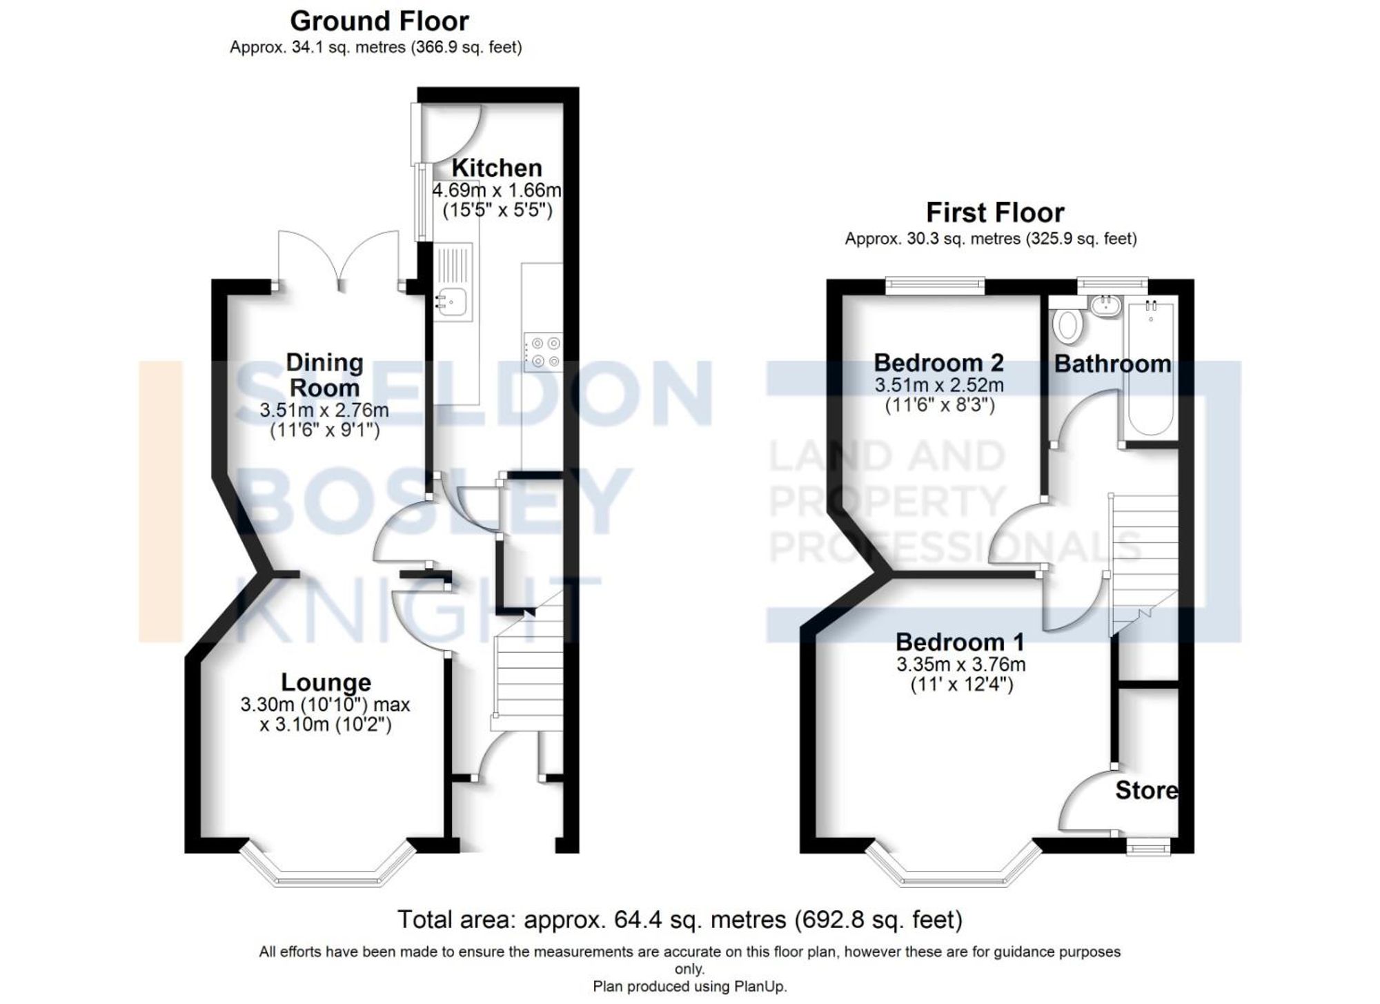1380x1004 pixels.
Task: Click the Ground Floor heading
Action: pyautogui.click(x=379, y=21)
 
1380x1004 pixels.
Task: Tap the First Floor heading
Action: pyautogui.click(x=994, y=213)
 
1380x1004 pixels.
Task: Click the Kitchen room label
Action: pyautogui.click(x=497, y=168)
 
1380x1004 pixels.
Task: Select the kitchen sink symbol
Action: pyautogui.click(x=451, y=302)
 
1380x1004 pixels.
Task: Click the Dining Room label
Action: pyautogui.click(x=324, y=375)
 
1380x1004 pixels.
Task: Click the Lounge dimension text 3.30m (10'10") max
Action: pyautogui.click(x=325, y=705)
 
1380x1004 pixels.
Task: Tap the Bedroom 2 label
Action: pyautogui.click(x=938, y=363)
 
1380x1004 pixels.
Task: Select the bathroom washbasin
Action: pyautogui.click(x=1106, y=306)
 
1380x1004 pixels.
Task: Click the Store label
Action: pyautogui.click(x=1146, y=791)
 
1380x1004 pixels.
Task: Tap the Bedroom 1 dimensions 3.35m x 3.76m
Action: pyautogui.click(x=960, y=665)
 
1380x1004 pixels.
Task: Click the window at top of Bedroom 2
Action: pyautogui.click(x=935, y=285)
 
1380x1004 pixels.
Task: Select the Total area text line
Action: pyautogui.click(x=680, y=920)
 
